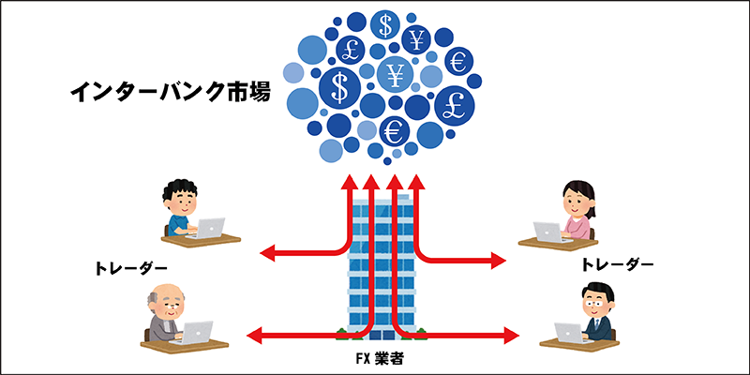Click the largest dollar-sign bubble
pyautogui.click(x=339, y=87)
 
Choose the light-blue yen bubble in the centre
pyautogui.click(x=397, y=73)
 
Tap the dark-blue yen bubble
pyautogui.click(x=417, y=38)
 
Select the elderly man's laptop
pyautogui.click(x=199, y=331)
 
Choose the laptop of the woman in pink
pyautogui.click(x=549, y=231)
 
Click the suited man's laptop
pyautogui.click(x=568, y=331)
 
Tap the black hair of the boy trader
pyautogui.click(x=178, y=188)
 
